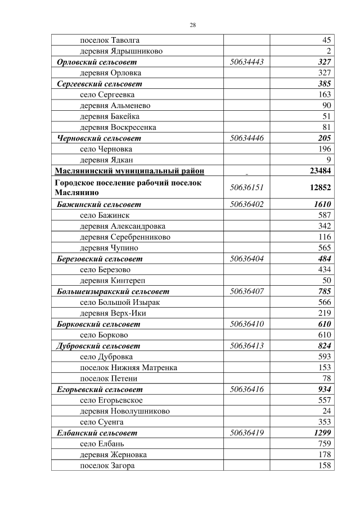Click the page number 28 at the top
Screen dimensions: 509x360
(192, 25)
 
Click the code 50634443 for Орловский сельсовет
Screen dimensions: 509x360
(247, 62)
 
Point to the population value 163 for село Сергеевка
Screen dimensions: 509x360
(323, 94)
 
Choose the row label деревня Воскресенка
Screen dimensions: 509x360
(118, 127)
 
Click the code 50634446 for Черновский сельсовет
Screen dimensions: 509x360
(247, 138)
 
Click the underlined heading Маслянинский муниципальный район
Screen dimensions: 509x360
(129, 171)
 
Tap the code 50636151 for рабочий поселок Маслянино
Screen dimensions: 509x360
(247, 187)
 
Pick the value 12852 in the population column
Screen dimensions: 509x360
(320, 187)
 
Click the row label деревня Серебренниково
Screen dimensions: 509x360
(125, 237)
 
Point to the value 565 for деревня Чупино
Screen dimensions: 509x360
(323, 247)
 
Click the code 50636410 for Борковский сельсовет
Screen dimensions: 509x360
(247, 324)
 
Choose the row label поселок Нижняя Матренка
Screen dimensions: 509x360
(128, 367)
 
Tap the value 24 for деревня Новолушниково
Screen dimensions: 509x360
(326, 411)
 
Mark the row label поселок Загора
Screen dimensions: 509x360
(107, 466)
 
